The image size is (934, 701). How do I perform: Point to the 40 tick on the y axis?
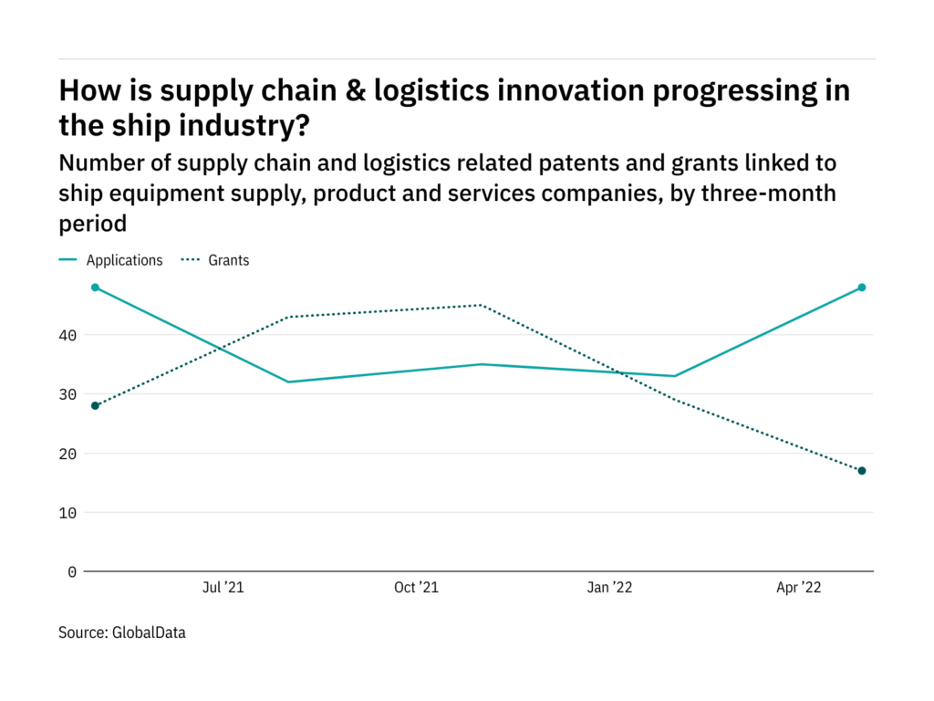[x=69, y=335]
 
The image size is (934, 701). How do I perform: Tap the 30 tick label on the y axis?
[x=69, y=394]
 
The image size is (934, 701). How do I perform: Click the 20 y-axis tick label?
[x=69, y=454]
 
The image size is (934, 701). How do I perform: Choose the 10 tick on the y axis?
[x=69, y=513]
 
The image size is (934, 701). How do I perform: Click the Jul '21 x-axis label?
[x=222, y=589]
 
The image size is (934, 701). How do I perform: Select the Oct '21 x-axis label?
[x=416, y=589]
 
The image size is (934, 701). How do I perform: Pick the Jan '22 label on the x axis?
[x=609, y=589]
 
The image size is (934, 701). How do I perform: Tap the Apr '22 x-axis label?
[x=798, y=589]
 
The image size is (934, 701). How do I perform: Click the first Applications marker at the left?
[x=95, y=288]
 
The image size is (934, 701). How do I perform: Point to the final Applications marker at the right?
[x=862, y=288]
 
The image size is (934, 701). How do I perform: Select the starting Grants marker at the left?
[x=95, y=405]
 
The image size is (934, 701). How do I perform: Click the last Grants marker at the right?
[x=862, y=471]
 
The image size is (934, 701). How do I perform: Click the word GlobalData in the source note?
[x=149, y=632]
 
